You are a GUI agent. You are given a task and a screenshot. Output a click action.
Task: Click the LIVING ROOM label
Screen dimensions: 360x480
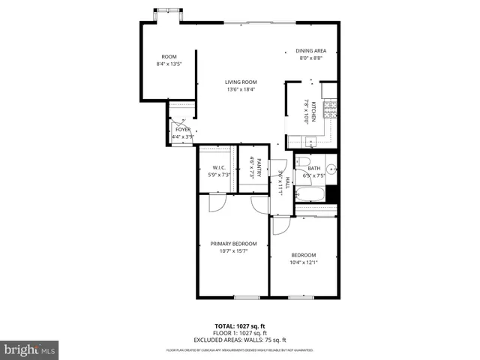tap(241, 82)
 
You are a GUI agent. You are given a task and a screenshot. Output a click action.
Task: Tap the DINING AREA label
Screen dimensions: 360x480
tap(310, 50)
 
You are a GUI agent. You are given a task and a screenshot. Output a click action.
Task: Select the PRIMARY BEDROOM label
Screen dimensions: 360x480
tap(233, 243)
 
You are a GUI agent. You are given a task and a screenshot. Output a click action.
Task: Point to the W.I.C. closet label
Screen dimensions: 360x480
tap(219, 167)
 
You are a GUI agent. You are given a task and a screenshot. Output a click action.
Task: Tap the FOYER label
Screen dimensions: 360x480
tap(183, 130)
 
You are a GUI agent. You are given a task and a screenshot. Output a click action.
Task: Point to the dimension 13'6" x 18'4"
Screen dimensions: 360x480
tap(241, 90)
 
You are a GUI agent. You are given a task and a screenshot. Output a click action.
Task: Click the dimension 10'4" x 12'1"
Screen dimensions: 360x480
tap(303, 262)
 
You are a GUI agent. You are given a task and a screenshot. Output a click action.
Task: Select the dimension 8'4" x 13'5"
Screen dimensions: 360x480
tap(169, 64)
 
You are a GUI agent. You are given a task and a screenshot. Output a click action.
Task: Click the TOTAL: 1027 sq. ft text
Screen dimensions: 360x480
tap(240, 326)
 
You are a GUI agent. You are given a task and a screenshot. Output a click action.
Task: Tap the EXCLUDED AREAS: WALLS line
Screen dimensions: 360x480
tap(240, 339)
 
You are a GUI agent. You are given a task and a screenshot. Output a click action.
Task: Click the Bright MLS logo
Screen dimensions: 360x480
tap(30, 349)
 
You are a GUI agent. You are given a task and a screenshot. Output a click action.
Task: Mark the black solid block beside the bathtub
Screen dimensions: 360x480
tap(332, 193)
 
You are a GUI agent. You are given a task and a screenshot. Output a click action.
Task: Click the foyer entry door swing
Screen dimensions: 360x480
tap(180, 120)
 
